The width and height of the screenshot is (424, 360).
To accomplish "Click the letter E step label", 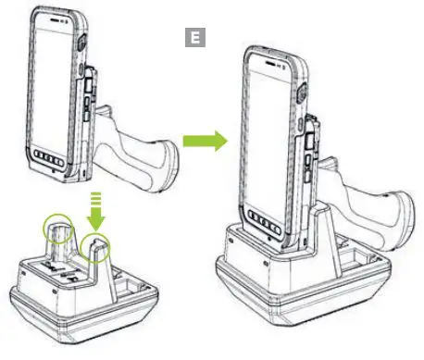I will [x=194, y=38].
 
